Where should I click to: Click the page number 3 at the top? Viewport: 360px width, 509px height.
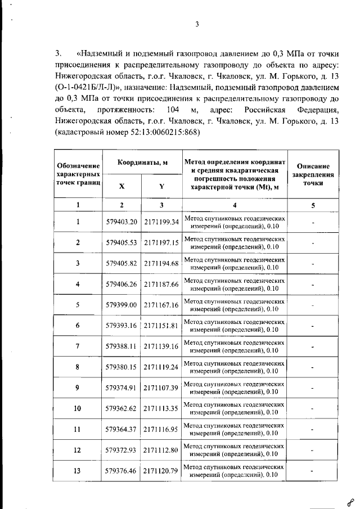click(x=197, y=24)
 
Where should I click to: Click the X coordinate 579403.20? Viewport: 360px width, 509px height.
click(x=121, y=222)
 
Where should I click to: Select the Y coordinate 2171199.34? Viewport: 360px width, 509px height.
click(x=161, y=222)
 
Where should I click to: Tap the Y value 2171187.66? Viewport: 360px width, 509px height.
click(x=161, y=284)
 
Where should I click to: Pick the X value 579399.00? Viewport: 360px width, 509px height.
click(x=121, y=305)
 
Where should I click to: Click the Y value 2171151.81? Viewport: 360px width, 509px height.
click(x=161, y=326)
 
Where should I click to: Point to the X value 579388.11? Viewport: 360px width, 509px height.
click(x=121, y=346)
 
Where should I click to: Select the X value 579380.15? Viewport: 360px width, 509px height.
click(x=121, y=367)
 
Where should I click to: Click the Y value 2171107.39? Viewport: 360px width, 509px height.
click(x=161, y=388)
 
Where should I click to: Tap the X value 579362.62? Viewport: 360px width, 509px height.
click(x=121, y=409)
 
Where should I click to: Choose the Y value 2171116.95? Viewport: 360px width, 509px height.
click(x=161, y=430)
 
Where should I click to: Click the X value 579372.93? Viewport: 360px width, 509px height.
click(x=121, y=450)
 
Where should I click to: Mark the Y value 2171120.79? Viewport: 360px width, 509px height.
click(x=161, y=471)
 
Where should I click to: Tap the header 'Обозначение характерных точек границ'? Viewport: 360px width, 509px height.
click(x=78, y=174)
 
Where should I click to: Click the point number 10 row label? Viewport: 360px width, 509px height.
click(x=78, y=409)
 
